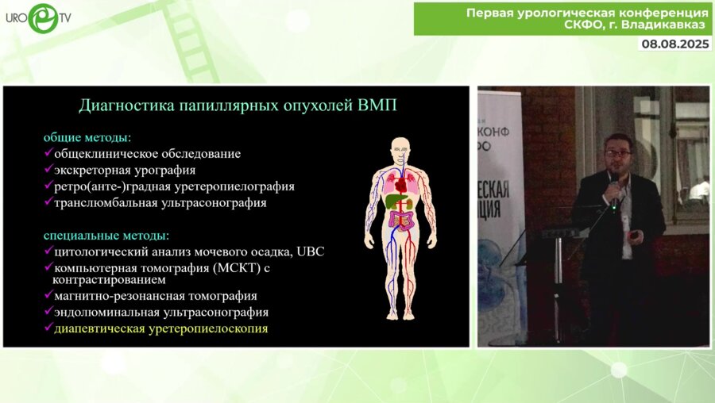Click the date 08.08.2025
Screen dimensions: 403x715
[x=674, y=44]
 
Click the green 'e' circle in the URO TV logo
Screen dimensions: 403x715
[x=42, y=17]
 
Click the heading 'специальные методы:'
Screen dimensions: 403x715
[x=107, y=236]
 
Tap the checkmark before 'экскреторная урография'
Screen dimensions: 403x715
[x=48, y=170]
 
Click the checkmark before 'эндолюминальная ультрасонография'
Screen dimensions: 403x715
[x=48, y=313]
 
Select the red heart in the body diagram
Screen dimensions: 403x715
[x=403, y=183]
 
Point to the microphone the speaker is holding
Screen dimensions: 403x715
[x=613, y=191]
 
